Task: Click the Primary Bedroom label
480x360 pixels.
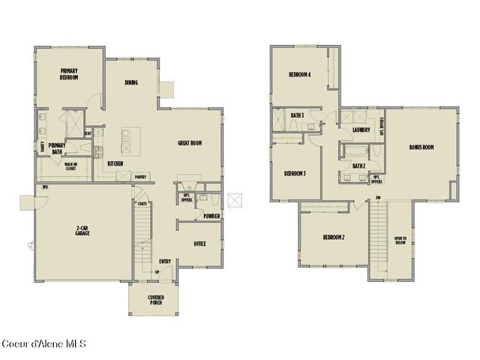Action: [x=70, y=73]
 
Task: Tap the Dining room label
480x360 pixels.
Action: [x=130, y=82]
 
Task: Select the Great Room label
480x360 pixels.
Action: [x=190, y=142]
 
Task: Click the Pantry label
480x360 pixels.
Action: [x=140, y=178]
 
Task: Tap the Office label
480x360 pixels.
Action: [x=199, y=244]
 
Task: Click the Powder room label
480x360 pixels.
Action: [x=211, y=217]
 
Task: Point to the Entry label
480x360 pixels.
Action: [x=165, y=261]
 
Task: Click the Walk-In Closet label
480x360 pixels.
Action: [x=70, y=166]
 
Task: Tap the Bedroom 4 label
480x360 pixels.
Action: [x=300, y=74]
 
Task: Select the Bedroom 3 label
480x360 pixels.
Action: [x=295, y=173]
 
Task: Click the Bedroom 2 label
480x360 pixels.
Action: [x=334, y=237]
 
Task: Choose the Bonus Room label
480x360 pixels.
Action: [x=421, y=147]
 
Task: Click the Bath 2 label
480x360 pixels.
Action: [x=358, y=166]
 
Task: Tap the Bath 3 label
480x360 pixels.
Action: [x=297, y=115]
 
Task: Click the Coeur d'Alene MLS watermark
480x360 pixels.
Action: [x=44, y=344]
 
